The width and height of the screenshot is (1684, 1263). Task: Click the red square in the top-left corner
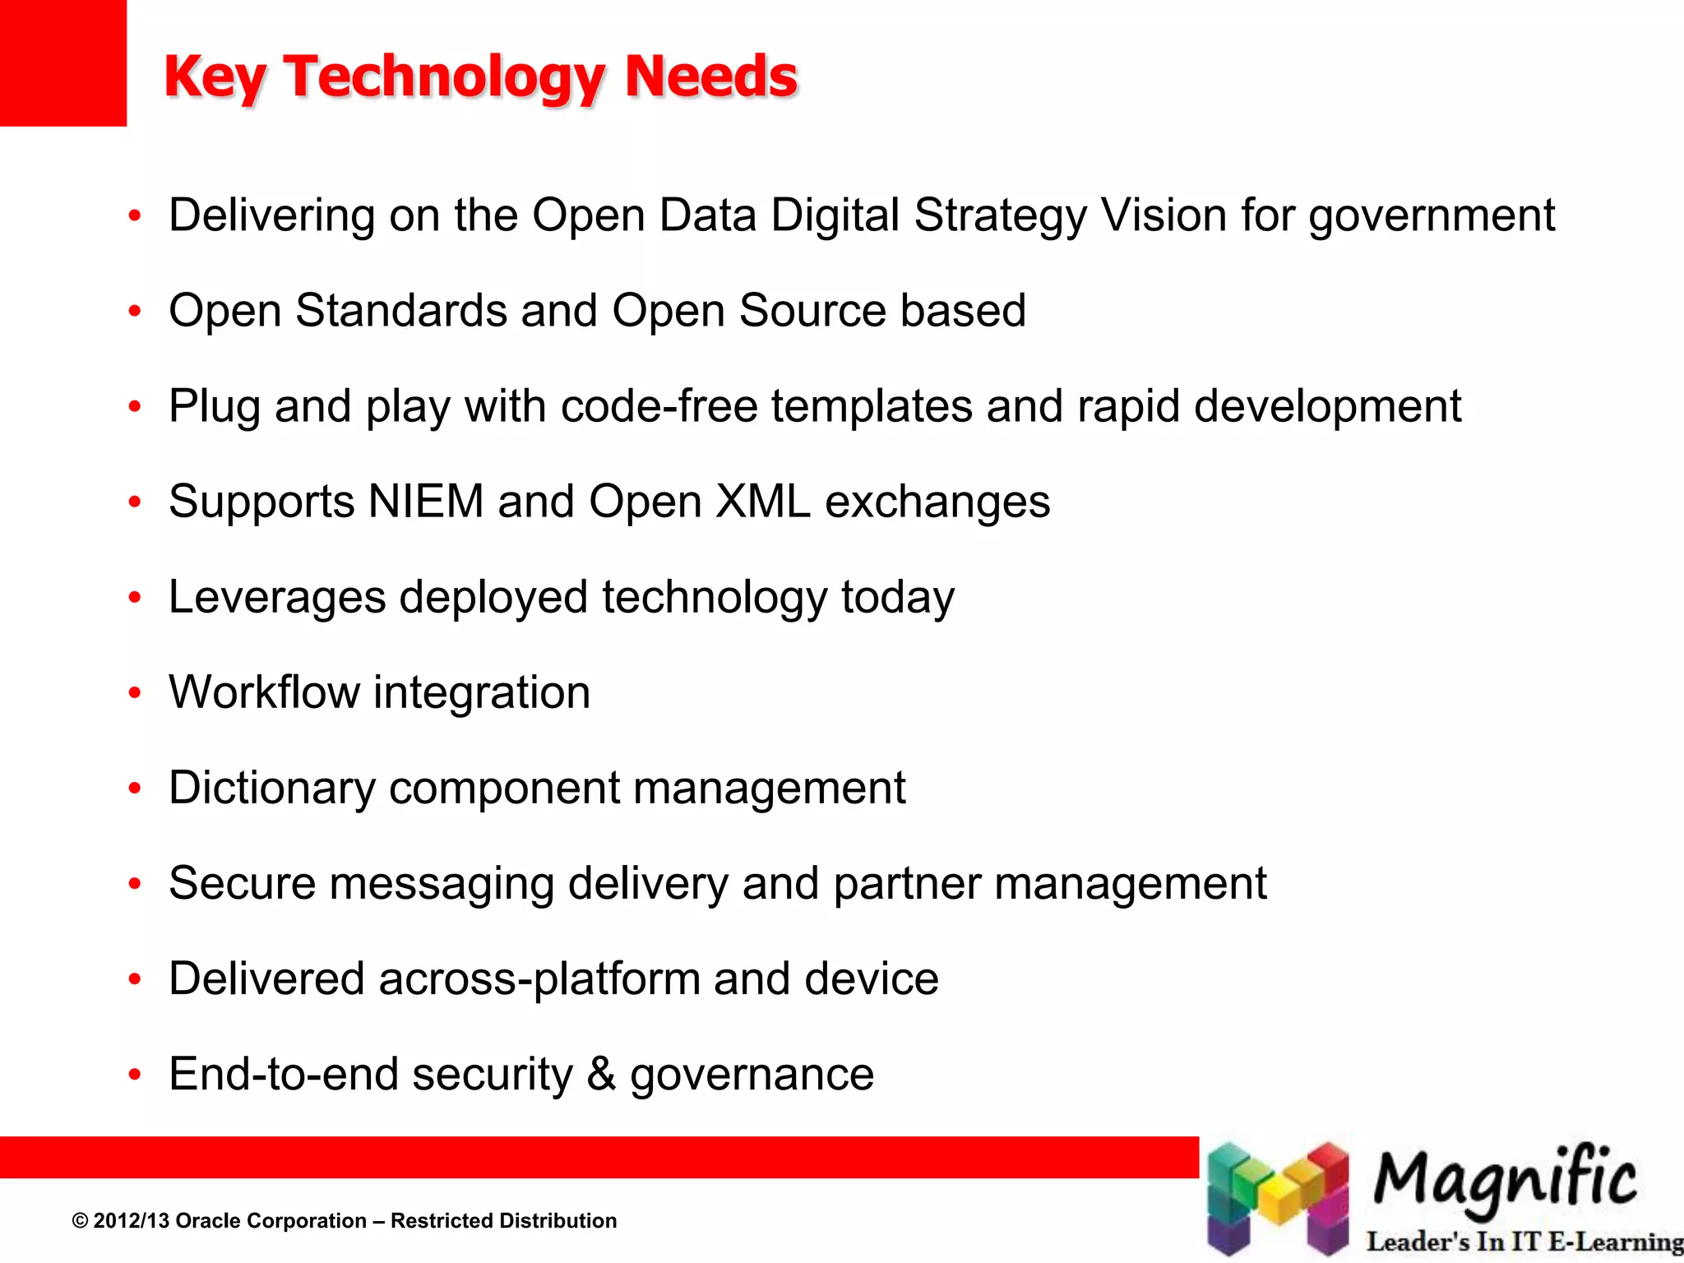(62, 62)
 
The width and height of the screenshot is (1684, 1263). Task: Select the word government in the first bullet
(1432, 216)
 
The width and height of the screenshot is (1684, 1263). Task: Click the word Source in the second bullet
(812, 311)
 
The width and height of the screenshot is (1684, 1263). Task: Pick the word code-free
(659, 406)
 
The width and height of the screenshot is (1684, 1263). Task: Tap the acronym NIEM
(426, 502)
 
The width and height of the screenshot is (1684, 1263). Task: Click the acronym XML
(763, 502)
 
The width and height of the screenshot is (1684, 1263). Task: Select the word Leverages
(277, 598)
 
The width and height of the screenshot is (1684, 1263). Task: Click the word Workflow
(264, 692)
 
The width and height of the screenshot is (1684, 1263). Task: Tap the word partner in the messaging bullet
(907, 884)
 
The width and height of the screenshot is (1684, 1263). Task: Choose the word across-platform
(539, 979)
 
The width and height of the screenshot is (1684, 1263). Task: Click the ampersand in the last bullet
(601, 1074)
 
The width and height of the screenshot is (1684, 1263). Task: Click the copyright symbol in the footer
(80, 1221)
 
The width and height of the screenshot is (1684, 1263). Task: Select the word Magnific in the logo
(1504, 1178)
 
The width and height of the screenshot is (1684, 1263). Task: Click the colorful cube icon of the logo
(1277, 1199)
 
